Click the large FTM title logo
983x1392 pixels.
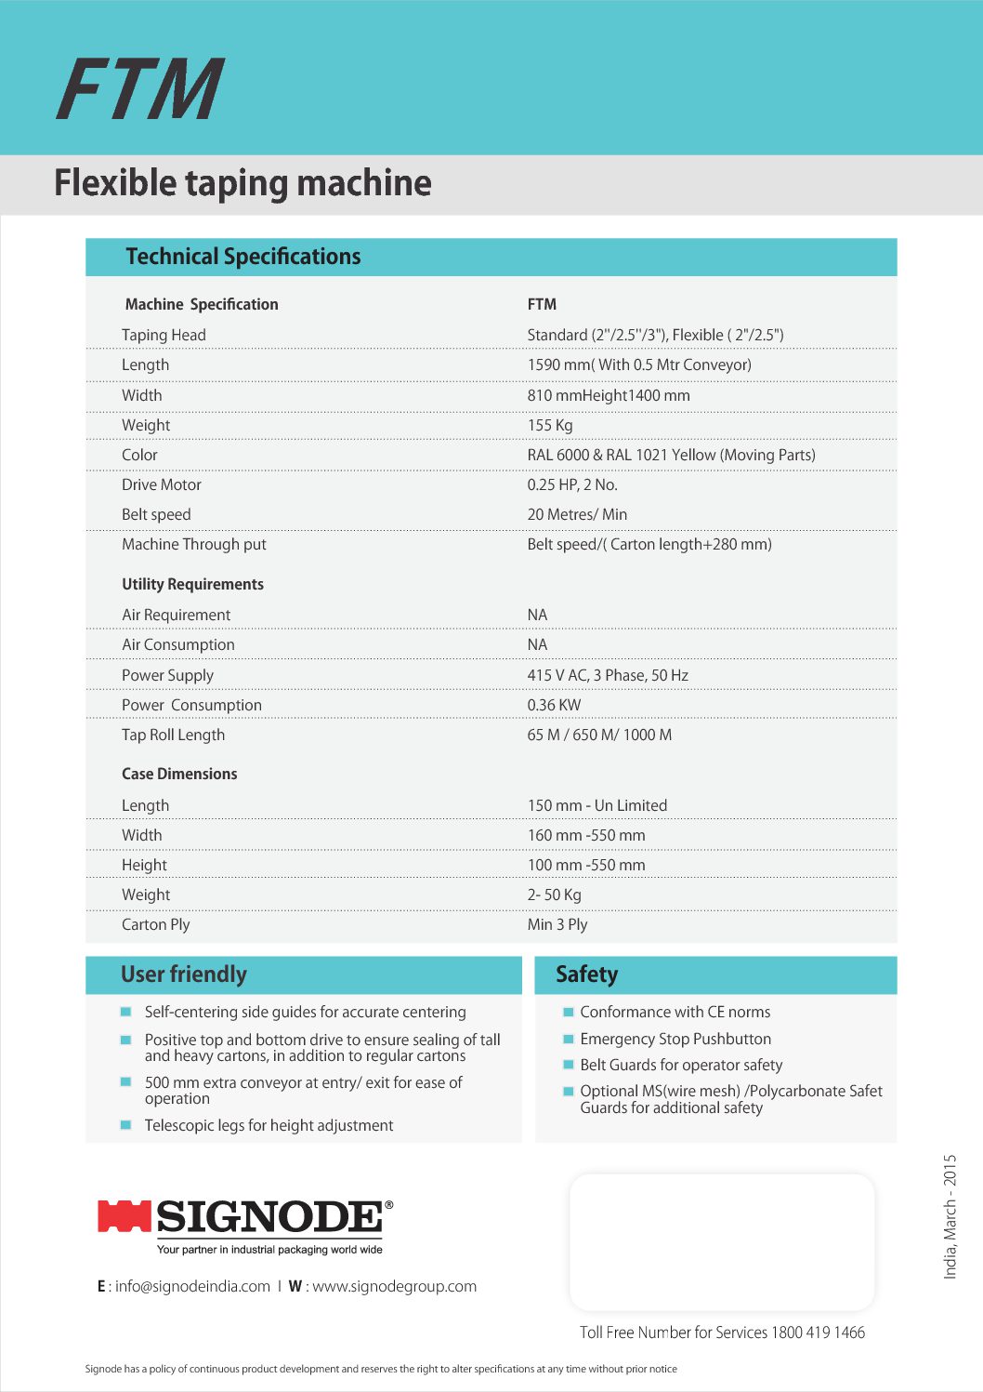[140, 89]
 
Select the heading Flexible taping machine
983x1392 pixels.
[242, 183]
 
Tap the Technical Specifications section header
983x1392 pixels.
[242, 257]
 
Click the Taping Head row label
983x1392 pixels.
[164, 335]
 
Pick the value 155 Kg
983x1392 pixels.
[550, 425]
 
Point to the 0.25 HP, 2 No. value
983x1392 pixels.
[572, 484]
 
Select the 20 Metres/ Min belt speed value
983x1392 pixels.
[577, 514]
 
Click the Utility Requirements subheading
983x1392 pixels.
[192, 584]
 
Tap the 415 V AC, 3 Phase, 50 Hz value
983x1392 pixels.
[608, 675]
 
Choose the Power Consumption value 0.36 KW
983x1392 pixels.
[554, 705]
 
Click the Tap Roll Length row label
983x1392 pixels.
[173, 735]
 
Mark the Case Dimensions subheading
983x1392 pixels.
[179, 774]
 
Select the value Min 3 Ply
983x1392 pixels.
[557, 924]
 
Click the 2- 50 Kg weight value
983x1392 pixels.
[554, 895]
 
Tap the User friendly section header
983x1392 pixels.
[184, 974]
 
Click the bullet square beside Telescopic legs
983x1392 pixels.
[125, 1125]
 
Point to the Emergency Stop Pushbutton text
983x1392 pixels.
[675, 1039]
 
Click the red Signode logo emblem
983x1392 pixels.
[125, 1216]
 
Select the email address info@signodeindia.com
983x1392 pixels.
[192, 1286]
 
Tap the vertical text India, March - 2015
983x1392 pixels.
[950, 1216]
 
